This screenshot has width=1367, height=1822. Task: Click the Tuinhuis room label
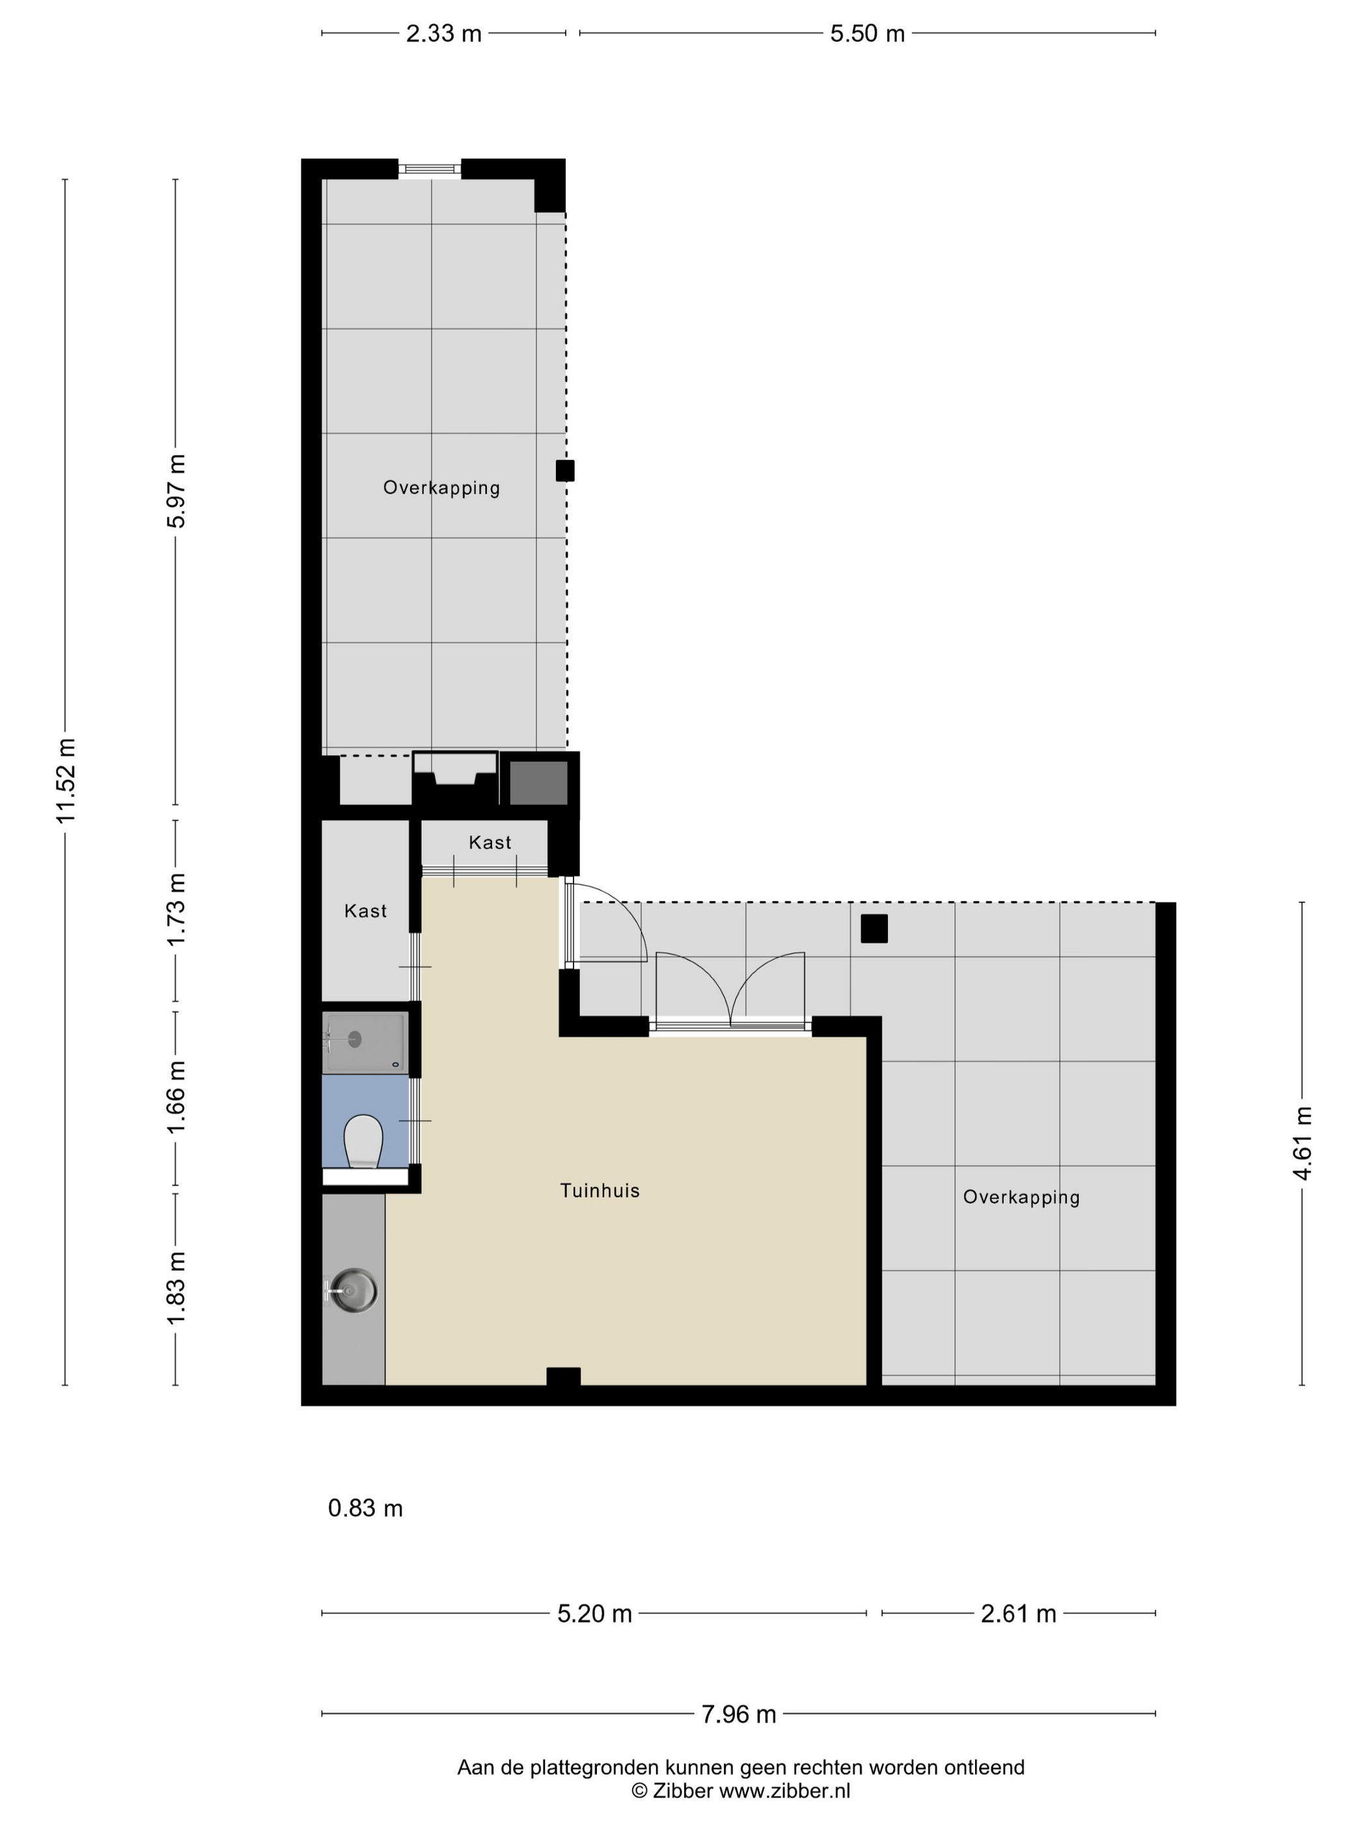coord(599,1190)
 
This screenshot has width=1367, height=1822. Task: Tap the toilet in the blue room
coord(363,1141)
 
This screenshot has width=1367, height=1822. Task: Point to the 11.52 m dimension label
coord(66,781)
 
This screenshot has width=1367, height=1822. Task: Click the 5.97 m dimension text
coord(176,491)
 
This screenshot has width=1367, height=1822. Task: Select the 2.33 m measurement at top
coord(443,34)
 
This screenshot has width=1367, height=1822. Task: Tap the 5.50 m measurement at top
coord(867,34)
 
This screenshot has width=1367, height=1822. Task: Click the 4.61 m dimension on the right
coord(1302,1143)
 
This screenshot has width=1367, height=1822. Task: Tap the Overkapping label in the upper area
coord(441,487)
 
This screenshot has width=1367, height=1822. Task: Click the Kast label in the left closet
coord(365,910)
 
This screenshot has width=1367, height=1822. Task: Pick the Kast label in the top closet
coord(490,842)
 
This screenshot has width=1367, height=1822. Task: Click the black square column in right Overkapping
coord(874,929)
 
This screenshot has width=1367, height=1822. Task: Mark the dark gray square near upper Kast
coord(538,783)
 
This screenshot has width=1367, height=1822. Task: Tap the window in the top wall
coord(429,169)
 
